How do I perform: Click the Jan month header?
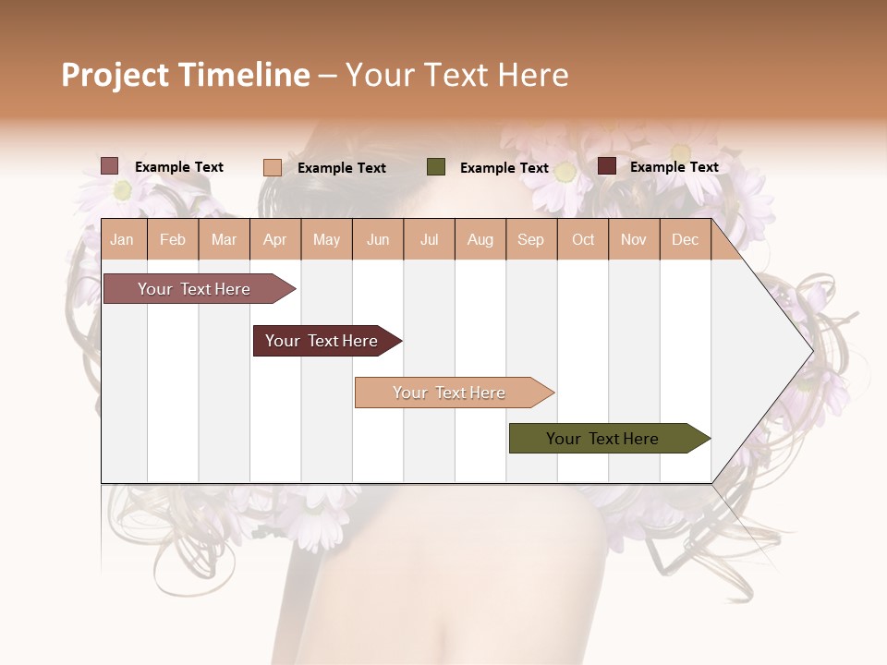pyautogui.click(x=122, y=239)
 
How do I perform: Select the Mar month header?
pyautogui.click(x=224, y=239)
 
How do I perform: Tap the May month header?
pyautogui.click(x=326, y=239)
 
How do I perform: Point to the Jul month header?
pyautogui.click(x=429, y=239)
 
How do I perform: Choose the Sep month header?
pyautogui.click(x=530, y=239)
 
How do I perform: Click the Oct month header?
pyautogui.click(x=583, y=239)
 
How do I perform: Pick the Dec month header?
pyautogui.click(x=685, y=239)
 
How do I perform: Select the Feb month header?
pyautogui.click(x=173, y=239)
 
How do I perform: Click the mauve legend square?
pyautogui.click(x=109, y=166)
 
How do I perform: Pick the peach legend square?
pyautogui.click(x=272, y=167)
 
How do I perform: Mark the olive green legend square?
pyautogui.click(x=436, y=166)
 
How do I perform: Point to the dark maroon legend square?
pyautogui.click(x=607, y=166)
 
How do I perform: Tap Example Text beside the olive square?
pyautogui.click(x=504, y=168)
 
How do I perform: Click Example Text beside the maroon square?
pyautogui.click(x=674, y=167)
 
